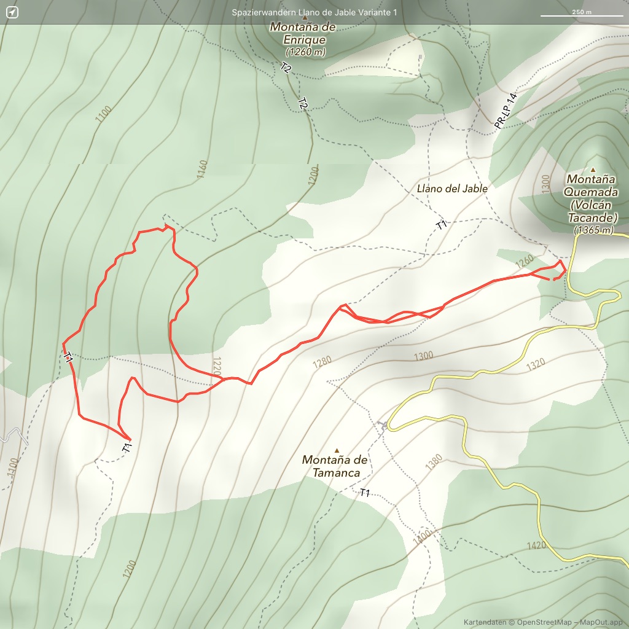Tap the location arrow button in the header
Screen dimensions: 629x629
point(12,12)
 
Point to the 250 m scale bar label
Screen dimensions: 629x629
point(581,12)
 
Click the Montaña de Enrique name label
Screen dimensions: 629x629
point(303,33)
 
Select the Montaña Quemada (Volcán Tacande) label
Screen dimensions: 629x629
point(592,198)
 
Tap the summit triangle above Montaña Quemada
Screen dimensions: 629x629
point(593,170)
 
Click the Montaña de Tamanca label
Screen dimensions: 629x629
point(335,466)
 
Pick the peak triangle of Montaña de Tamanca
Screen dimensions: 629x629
point(337,450)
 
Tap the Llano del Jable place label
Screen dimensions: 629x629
point(451,189)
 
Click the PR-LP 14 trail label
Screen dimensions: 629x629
point(506,111)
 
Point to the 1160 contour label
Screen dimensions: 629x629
point(203,170)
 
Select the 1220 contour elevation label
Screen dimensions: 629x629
point(216,367)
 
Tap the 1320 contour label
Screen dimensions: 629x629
point(536,363)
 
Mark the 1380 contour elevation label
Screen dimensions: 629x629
point(434,463)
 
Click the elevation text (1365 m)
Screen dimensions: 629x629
point(593,230)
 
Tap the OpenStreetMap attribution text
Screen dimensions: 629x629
point(543,622)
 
